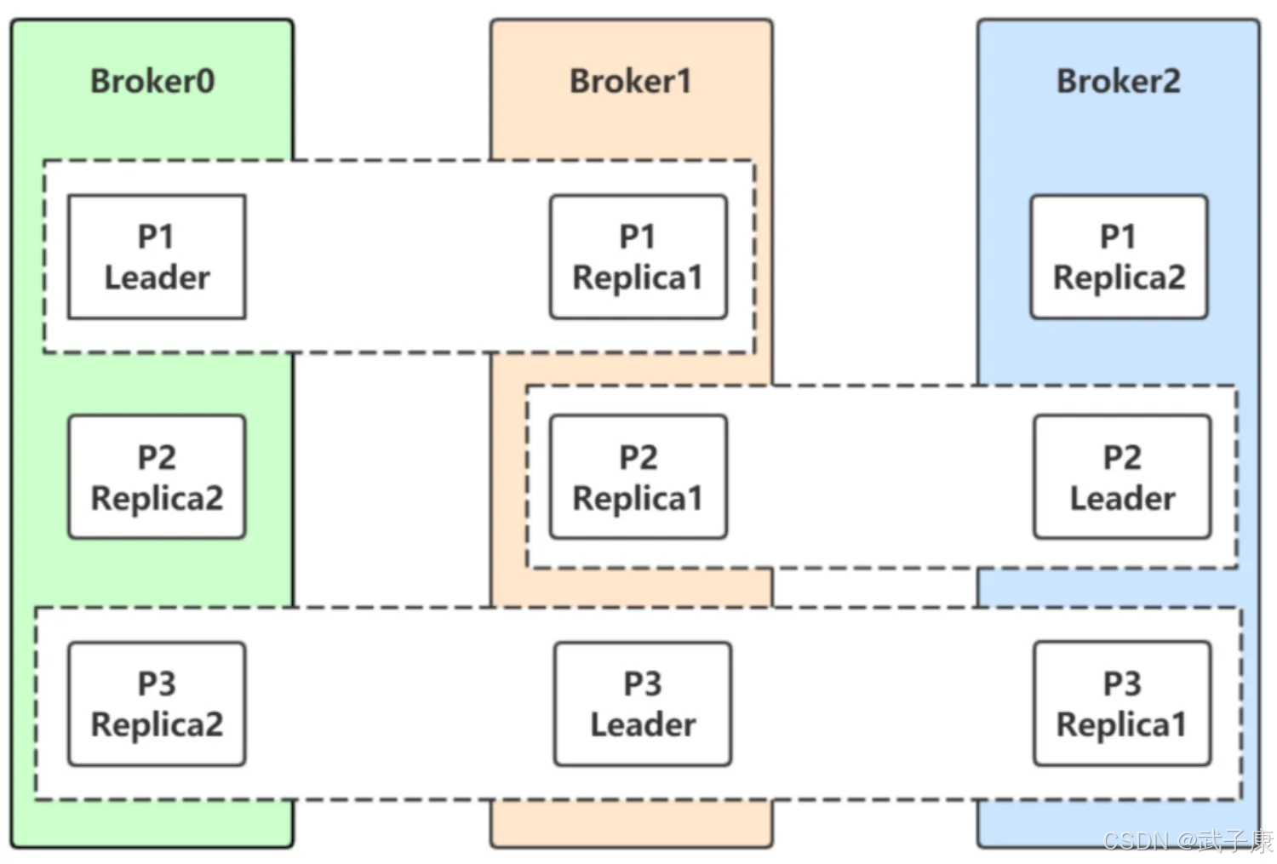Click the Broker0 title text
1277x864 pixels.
click(x=152, y=81)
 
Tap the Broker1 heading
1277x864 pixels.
click(x=631, y=81)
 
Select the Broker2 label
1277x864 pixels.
click(x=1119, y=81)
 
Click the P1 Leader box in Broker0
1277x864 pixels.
click(x=157, y=257)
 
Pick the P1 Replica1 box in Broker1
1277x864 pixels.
click(x=638, y=257)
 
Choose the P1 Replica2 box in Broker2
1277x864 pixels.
click(x=1120, y=257)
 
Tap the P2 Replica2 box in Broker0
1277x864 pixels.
click(x=157, y=477)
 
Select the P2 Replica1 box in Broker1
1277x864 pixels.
click(x=638, y=477)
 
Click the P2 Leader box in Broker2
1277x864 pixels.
click(x=1123, y=477)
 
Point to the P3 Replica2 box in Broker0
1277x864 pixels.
click(x=157, y=704)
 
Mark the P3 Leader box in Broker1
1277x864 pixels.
click(x=643, y=704)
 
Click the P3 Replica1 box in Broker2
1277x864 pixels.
click(x=1123, y=704)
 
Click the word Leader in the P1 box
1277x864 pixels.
click(x=157, y=278)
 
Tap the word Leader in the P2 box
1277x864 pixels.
click(x=1123, y=499)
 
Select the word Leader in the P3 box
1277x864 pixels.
click(x=643, y=725)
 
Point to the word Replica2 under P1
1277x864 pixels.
click(x=1120, y=278)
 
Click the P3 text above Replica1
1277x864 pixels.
click(x=1122, y=684)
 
